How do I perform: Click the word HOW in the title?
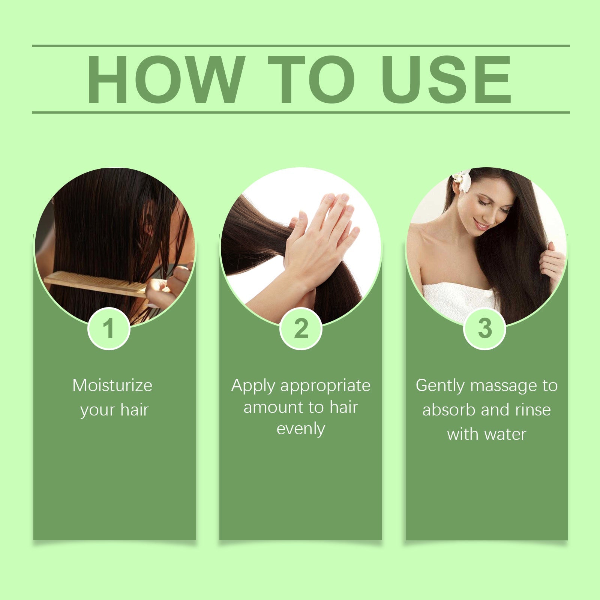(x=165, y=79)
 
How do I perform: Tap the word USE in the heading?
(x=446, y=79)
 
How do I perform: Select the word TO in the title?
(x=311, y=79)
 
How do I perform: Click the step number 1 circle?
(x=109, y=329)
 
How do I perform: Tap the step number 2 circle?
(x=301, y=329)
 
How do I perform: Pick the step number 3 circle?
(x=485, y=329)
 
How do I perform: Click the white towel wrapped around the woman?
(x=457, y=300)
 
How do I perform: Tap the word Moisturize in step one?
(x=112, y=385)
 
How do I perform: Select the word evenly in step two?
(x=301, y=429)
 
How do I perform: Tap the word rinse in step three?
(x=533, y=410)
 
